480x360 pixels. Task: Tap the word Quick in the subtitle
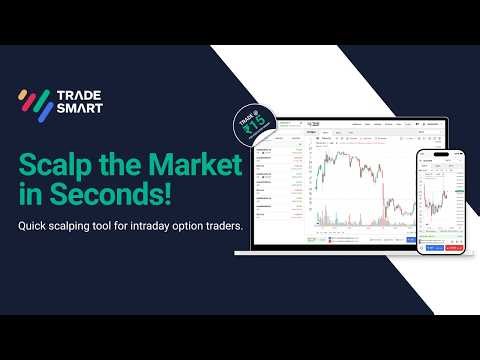pos(35,226)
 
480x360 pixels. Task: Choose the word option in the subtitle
pos(200,227)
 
